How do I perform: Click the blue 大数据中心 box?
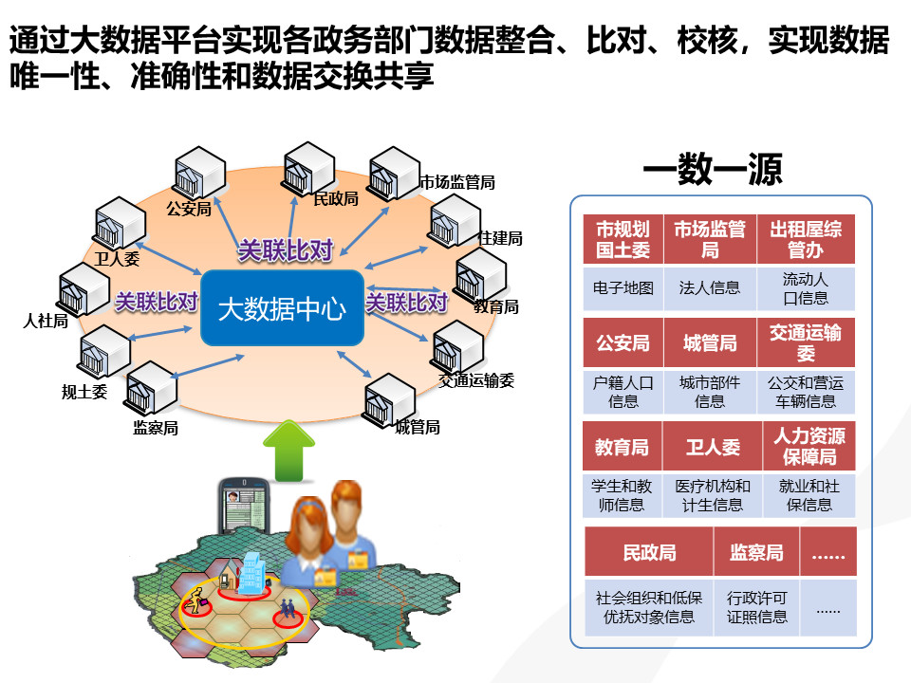pos(282,308)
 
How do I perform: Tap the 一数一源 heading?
pos(712,170)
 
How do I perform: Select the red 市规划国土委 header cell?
pos(623,239)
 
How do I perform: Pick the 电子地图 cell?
pos(623,287)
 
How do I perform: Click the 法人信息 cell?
pos(709,287)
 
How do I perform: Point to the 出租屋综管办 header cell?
pos(806,239)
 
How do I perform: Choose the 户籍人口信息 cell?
pos(623,392)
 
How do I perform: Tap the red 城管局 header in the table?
pos(709,342)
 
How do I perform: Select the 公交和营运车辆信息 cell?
pos(806,392)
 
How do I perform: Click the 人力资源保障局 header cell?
pos(809,446)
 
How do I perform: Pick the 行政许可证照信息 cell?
pos(756,607)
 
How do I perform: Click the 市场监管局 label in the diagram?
pos(457,182)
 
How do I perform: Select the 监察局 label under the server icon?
pos(156,428)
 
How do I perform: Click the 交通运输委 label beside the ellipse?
pos(476,380)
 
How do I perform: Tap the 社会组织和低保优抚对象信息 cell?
pos(648,607)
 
